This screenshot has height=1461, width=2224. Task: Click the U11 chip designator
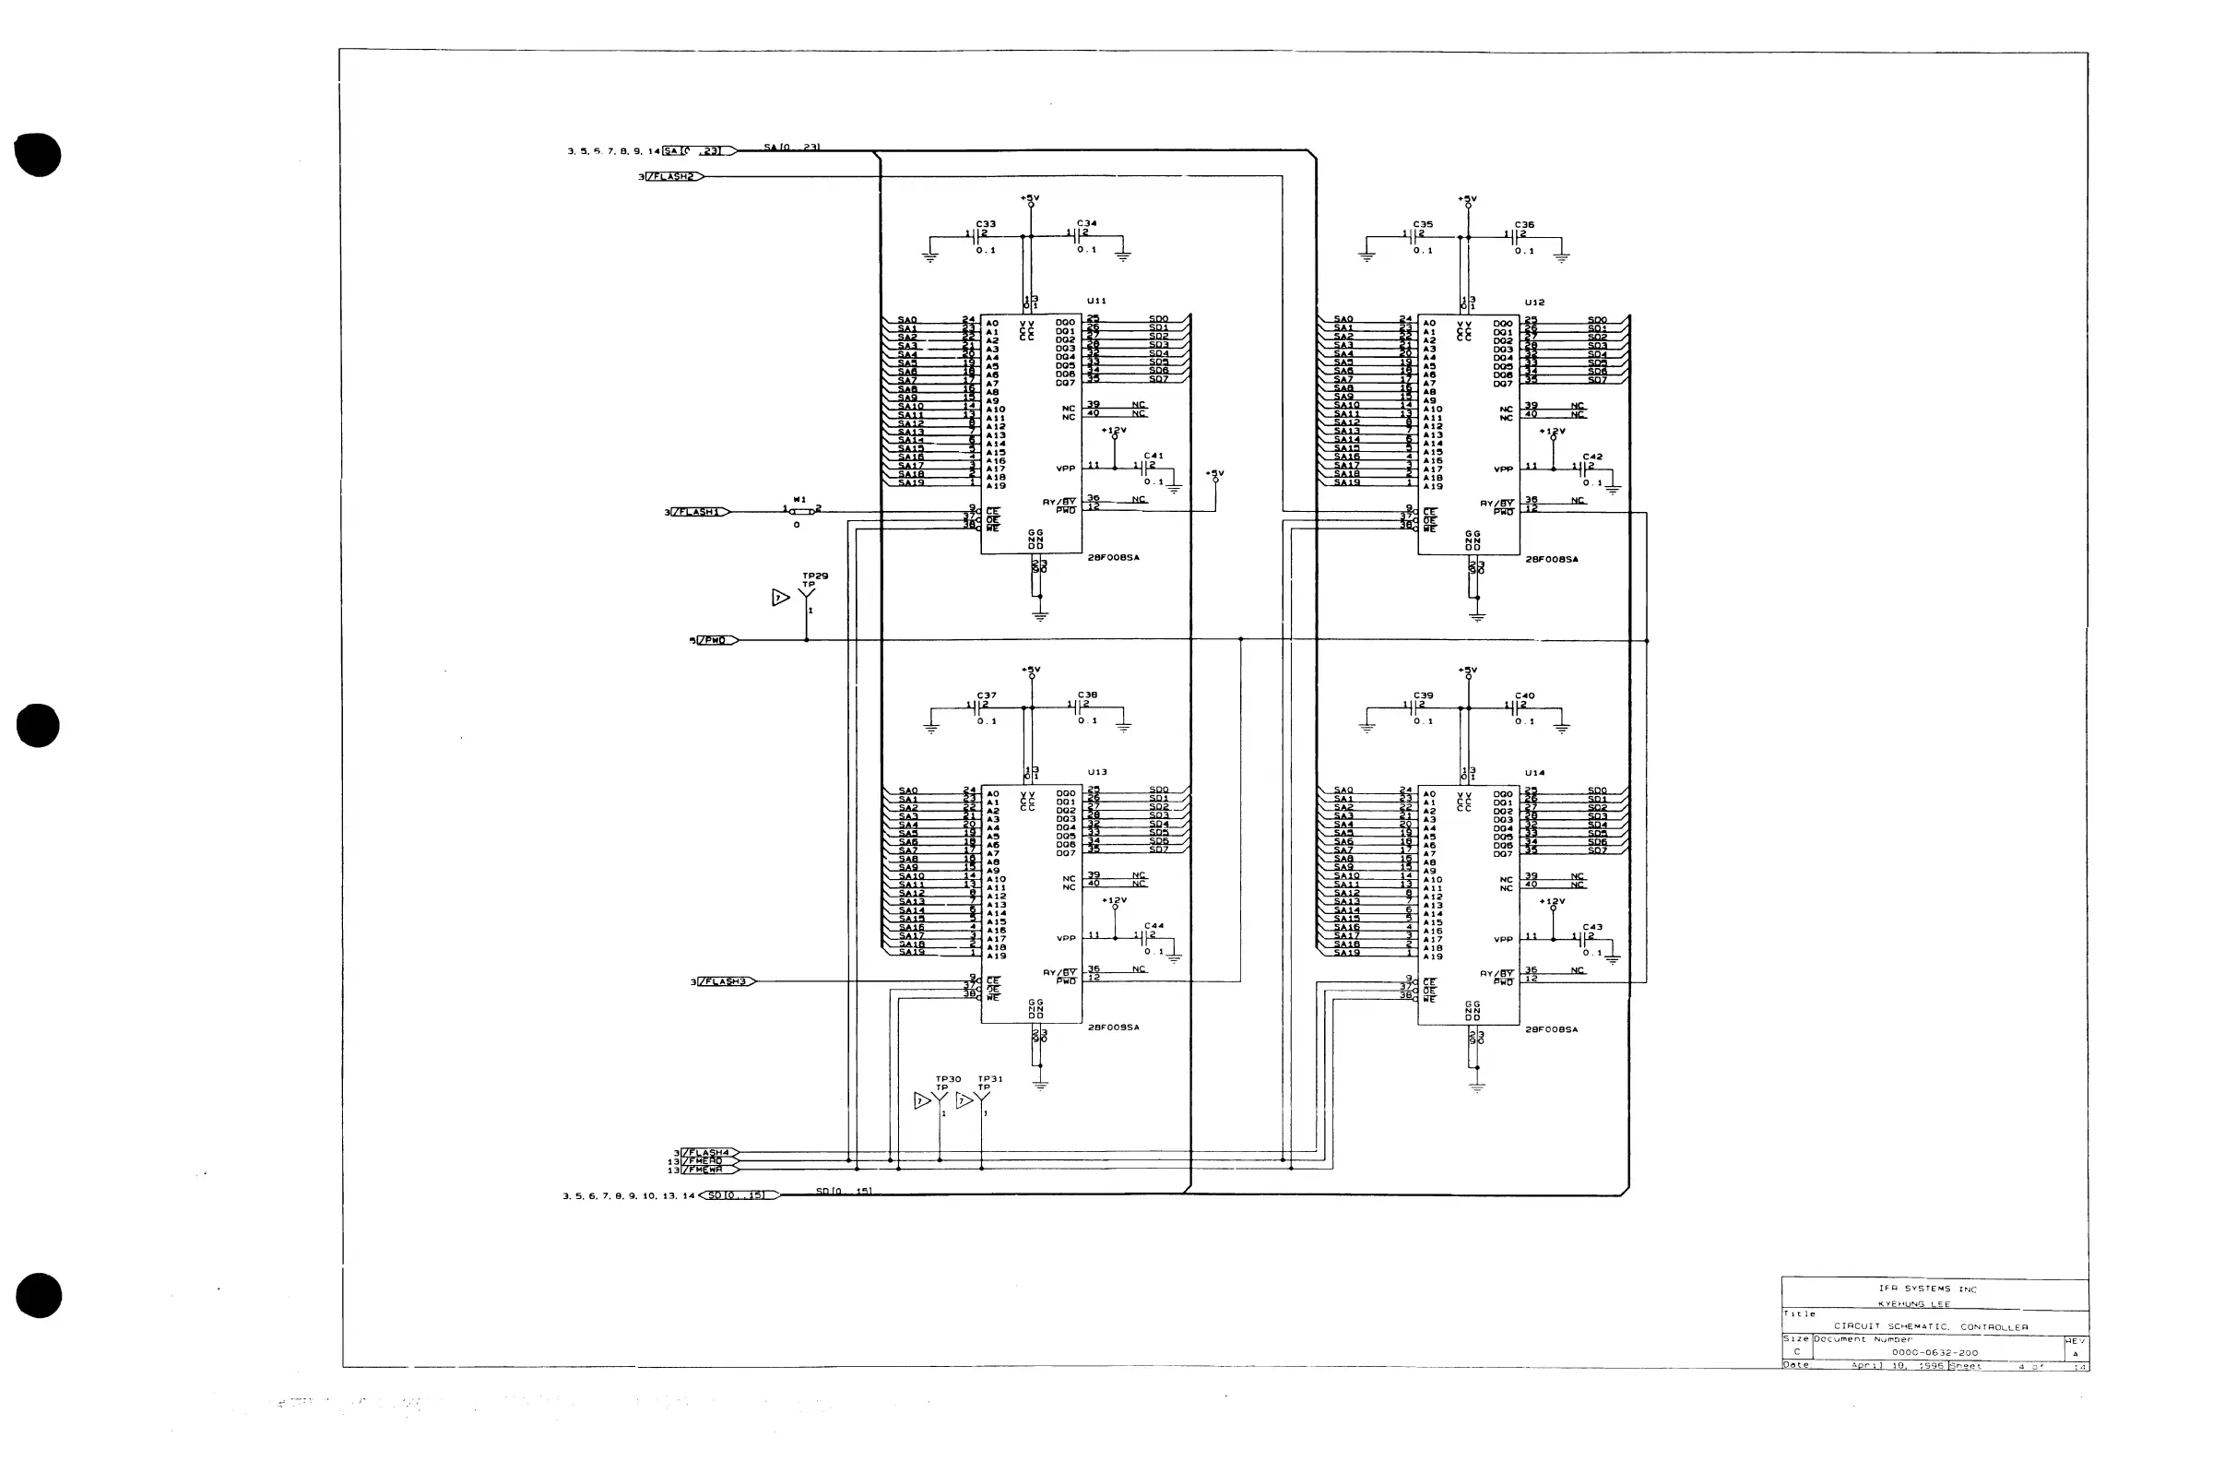1096,301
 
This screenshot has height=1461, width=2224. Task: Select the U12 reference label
1534,303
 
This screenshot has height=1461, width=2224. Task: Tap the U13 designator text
1097,772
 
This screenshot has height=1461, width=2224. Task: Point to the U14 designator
1534,773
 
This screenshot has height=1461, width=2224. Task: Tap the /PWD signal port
716,640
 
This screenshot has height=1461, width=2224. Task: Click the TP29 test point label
815,576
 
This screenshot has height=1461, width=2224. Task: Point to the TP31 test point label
989,1079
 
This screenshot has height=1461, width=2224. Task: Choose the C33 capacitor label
986,224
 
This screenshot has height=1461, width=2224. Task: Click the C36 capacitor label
1524,225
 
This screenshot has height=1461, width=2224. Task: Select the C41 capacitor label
1154,457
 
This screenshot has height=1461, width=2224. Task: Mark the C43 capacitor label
1592,927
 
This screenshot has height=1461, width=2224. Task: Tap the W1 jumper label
800,500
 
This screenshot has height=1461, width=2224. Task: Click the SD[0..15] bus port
739,1195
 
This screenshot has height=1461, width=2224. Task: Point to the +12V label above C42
1552,432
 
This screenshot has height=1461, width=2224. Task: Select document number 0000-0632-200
1934,1352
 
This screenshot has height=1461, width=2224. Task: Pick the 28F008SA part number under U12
1551,559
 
